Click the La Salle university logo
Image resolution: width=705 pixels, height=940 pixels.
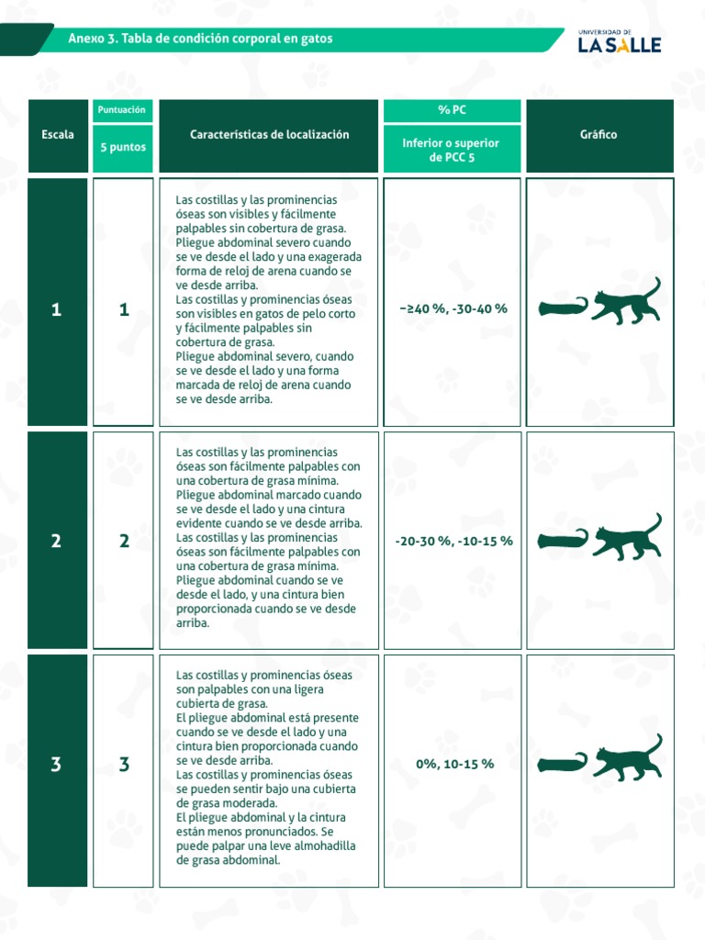[x=619, y=41]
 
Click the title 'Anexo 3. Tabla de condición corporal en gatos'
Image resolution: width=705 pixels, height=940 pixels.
[x=200, y=39]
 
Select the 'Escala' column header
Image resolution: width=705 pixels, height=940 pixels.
[x=58, y=136]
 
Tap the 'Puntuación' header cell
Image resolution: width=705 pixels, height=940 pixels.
[x=122, y=110]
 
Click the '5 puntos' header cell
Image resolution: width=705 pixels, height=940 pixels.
[x=122, y=148]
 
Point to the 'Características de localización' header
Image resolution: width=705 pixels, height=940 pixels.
[x=269, y=135]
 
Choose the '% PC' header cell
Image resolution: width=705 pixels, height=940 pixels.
[x=452, y=110]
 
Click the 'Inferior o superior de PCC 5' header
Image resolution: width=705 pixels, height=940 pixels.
[x=452, y=150]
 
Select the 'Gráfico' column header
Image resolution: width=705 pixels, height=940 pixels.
[x=599, y=135]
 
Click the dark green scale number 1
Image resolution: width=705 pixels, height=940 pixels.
[x=57, y=310]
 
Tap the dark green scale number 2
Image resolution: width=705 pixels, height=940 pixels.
[x=57, y=542]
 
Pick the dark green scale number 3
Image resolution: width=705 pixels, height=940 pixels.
[x=57, y=765]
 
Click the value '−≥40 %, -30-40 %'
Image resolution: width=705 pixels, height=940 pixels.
[x=453, y=308]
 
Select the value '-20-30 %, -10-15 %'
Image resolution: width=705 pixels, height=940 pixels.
[x=453, y=542]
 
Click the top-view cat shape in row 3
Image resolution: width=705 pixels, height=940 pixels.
[x=563, y=763]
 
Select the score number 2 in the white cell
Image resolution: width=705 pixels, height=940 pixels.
[x=124, y=542]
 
